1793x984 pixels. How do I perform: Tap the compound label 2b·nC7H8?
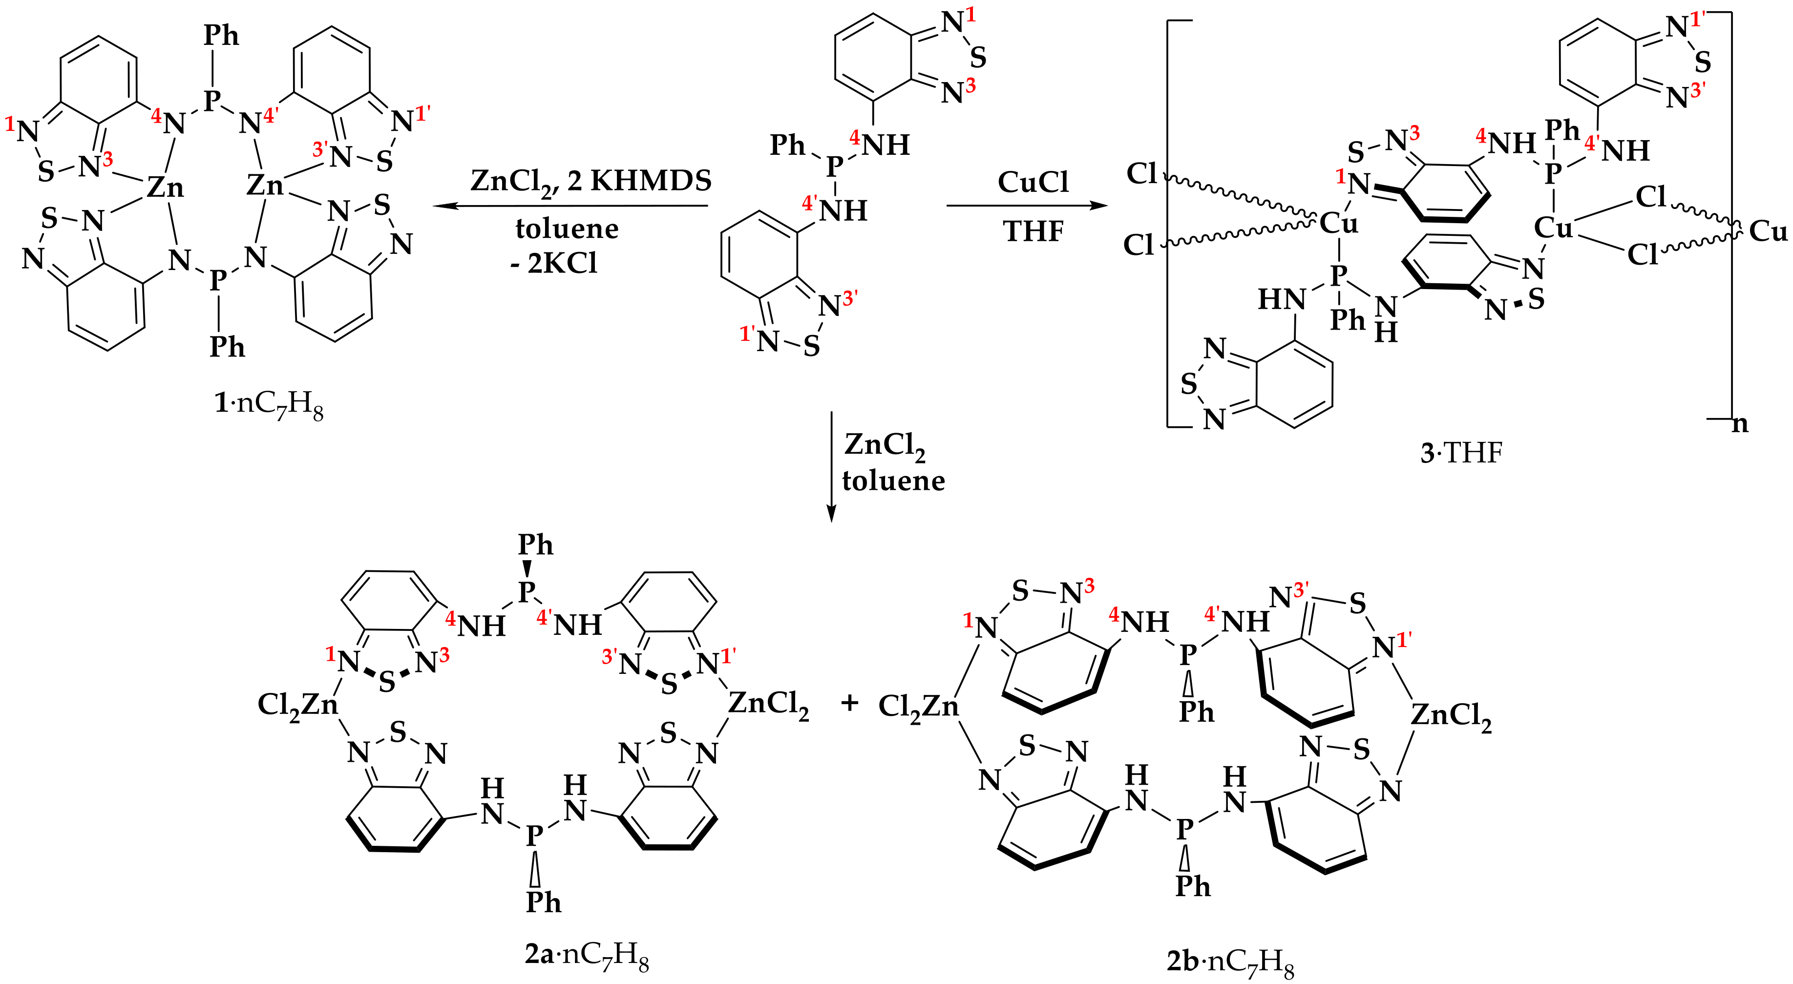(1230, 963)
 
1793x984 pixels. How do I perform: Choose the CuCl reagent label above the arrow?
(1033, 182)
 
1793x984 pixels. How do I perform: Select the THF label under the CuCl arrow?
(1033, 231)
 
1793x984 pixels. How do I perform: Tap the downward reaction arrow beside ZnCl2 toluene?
(830, 466)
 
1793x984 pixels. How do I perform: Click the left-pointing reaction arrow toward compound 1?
(571, 206)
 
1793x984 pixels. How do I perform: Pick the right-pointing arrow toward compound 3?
(1027, 206)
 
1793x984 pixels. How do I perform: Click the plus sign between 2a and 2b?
(849, 704)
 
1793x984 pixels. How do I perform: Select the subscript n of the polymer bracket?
(1739, 424)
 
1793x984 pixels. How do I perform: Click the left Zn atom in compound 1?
(165, 188)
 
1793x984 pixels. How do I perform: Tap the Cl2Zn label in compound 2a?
(298, 706)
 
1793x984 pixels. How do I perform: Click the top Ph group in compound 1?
(221, 36)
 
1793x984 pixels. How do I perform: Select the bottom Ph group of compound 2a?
(543, 902)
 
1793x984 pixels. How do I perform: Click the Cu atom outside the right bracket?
(1768, 231)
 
